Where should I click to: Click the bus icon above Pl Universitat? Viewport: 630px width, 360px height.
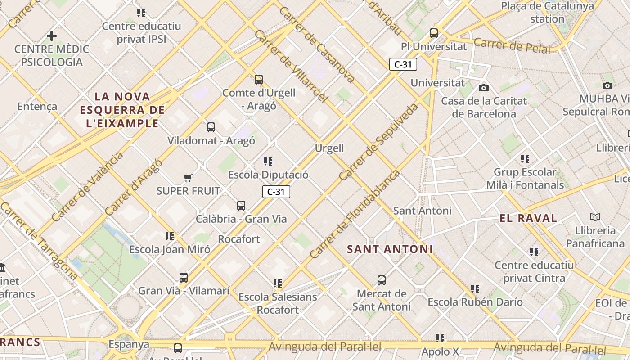pos(434,33)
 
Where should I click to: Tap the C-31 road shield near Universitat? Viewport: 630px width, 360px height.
pos(403,64)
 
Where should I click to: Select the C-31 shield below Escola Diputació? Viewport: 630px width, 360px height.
pos(276,192)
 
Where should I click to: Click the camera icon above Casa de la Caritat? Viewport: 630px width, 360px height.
pos(484,87)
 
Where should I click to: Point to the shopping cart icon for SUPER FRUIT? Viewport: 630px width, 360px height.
pos(188,178)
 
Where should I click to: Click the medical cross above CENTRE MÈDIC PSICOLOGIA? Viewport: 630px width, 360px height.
pos(52,36)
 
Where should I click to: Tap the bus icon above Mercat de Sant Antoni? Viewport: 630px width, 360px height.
pos(382,280)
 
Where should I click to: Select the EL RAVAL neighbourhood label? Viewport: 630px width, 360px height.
pos(528,219)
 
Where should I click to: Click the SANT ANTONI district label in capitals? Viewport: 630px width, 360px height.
pos(390,249)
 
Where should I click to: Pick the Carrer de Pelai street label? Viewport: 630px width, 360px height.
pos(512,45)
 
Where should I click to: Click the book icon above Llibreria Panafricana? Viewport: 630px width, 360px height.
pos(595,217)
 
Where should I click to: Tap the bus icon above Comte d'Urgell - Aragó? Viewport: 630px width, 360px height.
pos(258,80)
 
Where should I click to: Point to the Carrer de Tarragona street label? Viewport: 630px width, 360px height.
pos(39,241)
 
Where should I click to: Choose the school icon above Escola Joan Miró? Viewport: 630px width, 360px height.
pos(169,236)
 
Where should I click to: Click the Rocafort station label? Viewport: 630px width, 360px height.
pos(239,239)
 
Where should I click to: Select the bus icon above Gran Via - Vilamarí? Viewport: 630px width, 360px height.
pos(184,278)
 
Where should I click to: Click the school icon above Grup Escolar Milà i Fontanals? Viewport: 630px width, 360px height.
pos(525,158)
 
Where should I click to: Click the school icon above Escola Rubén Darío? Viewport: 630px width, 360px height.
pos(475,288)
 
